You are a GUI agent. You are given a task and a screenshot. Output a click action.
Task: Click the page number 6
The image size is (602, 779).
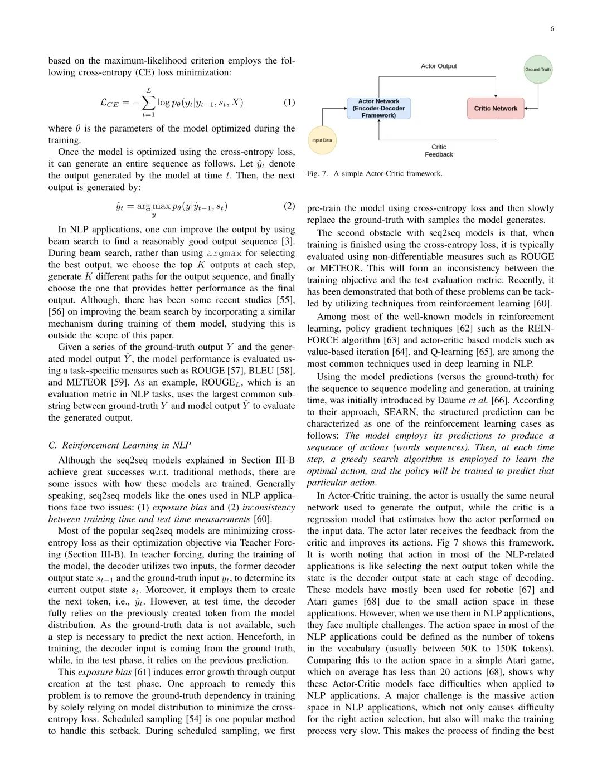click(552, 29)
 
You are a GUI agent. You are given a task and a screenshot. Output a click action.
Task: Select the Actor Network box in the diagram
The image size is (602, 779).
click(378, 109)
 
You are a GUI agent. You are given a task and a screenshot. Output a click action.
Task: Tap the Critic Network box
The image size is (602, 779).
click(496, 109)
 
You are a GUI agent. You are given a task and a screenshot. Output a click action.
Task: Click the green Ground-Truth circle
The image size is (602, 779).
click(538, 70)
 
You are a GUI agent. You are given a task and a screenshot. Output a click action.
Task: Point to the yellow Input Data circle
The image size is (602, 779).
click(322, 140)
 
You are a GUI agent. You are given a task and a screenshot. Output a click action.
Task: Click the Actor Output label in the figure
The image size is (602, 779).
click(439, 66)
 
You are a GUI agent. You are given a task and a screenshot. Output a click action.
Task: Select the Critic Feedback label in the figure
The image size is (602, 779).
click(439, 151)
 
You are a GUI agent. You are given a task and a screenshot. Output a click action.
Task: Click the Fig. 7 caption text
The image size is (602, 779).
click(375, 174)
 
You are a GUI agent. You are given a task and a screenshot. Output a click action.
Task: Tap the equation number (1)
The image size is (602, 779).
click(289, 102)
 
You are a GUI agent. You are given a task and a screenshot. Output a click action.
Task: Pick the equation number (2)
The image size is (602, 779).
click(289, 206)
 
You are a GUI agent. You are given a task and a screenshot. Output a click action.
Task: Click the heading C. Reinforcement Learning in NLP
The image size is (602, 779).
click(119, 445)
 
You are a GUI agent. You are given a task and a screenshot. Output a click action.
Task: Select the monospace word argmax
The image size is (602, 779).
click(225, 254)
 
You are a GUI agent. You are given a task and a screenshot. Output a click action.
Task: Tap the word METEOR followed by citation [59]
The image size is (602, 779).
click(86, 382)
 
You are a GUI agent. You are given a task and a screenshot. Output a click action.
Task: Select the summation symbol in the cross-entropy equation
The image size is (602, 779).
click(149, 103)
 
